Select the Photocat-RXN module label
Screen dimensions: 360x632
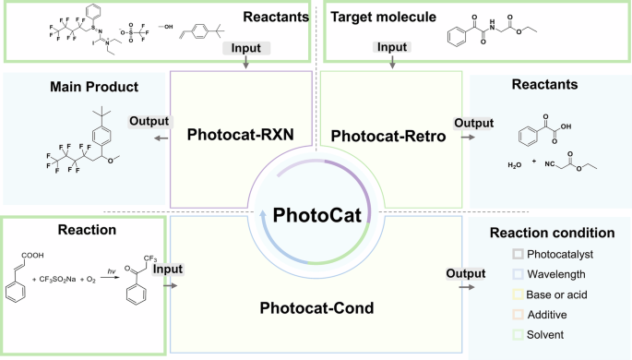click(x=240, y=135)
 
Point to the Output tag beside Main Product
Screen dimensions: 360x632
click(x=149, y=121)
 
